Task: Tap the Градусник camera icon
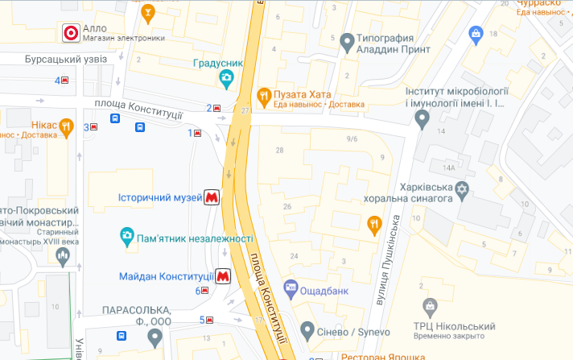point(226,78)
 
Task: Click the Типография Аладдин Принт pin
point(348,40)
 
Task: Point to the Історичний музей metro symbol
point(212,197)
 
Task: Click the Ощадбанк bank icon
point(291,287)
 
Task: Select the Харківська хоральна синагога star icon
point(461,191)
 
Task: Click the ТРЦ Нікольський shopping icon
point(431,307)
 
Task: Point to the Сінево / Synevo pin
point(307,330)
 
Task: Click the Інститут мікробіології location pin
point(422,118)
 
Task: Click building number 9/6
point(352,139)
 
